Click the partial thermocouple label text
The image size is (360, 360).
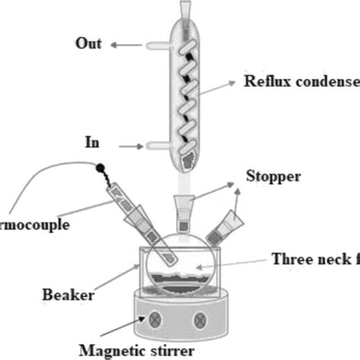click(35, 226)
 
